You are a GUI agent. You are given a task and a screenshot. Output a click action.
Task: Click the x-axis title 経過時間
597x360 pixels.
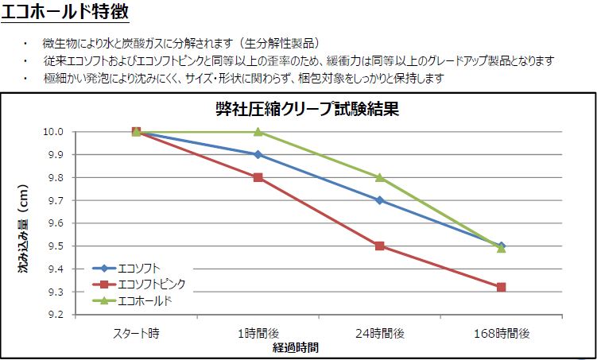(x=296, y=348)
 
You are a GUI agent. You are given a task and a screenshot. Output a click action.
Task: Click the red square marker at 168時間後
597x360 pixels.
(x=501, y=287)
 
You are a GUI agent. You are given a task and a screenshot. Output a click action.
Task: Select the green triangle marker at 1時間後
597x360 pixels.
(x=258, y=132)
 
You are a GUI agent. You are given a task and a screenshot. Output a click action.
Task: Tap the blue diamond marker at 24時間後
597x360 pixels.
(x=379, y=200)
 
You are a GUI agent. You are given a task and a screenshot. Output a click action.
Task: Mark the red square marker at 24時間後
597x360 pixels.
(x=379, y=246)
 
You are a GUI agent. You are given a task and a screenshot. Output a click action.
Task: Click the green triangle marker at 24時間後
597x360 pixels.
(x=379, y=177)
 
